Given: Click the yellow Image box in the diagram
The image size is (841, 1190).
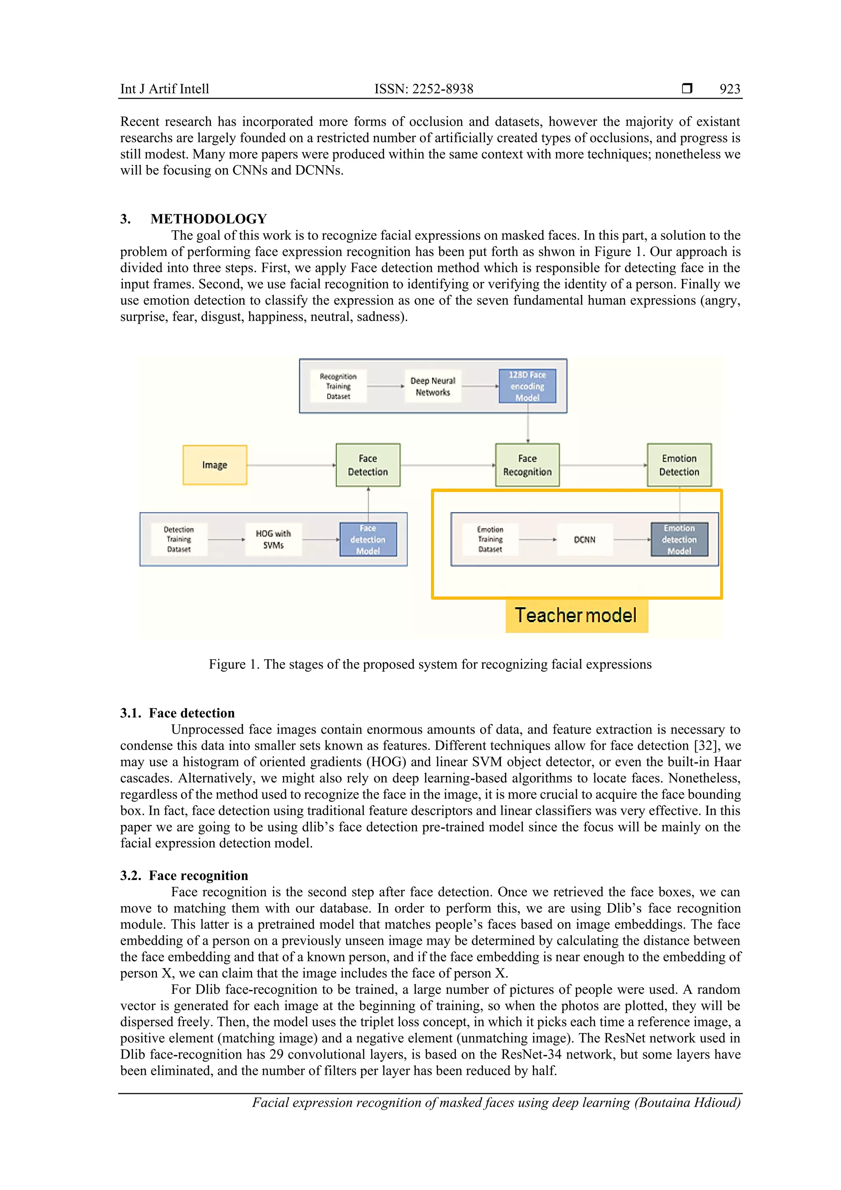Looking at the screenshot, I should click(214, 465).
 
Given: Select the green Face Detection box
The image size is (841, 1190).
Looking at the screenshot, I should click(368, 465).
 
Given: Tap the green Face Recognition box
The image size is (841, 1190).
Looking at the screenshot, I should click(527, 465).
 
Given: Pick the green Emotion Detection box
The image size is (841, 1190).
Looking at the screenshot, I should click(679, 465).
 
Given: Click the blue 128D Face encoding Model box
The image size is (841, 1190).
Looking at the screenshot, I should click(527, 386).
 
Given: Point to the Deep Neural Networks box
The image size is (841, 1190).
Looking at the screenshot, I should click(433, 386).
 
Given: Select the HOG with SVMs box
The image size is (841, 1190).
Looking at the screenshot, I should click(273, 539).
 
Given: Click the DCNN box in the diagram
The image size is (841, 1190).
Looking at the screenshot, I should click(584, 539).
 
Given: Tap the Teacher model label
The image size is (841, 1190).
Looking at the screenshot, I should click(576, 616).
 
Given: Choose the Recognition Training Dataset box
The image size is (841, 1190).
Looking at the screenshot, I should click(338, 386).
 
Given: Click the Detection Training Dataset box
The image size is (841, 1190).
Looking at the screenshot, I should click(179, 539).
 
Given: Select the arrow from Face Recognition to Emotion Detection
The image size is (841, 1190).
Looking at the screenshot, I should click(603, 465).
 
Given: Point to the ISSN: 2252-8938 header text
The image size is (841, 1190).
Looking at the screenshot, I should click(423, 89).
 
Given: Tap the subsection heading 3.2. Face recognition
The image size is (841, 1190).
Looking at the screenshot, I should click(184, 875).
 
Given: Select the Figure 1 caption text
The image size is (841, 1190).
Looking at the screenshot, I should click(430, 665).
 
